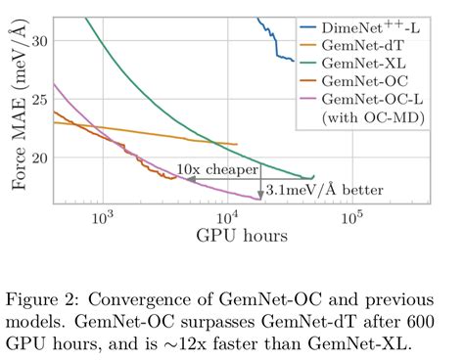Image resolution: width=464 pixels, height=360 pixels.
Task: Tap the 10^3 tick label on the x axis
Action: pyautogui.click(x=101, y=218)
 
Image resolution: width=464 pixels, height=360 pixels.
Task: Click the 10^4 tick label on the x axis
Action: pyautogui.click(x=226, y=218)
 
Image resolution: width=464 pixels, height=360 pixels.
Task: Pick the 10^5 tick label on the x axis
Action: pyautogui.click(x=351, y=218)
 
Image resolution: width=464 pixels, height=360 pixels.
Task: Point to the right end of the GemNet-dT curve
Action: pyautogui.click(x=237, y=145)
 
